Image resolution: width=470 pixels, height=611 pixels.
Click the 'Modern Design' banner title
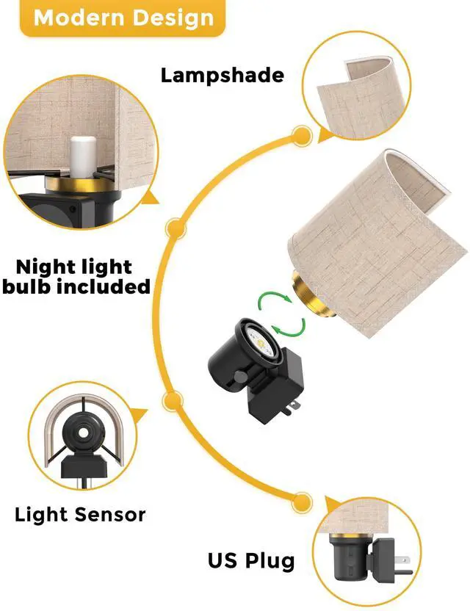(124, 18)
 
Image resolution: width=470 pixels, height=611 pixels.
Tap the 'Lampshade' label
(223, 75)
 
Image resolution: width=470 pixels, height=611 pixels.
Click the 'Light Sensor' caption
(80, 515)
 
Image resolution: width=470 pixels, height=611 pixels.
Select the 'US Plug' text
(250, 562)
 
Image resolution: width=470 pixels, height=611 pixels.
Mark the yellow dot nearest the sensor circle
(174, 399)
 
